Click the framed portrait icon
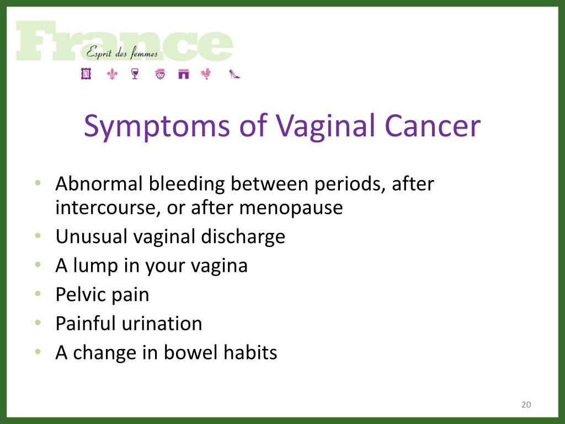(x=86, y=73)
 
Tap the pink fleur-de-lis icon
(x=113, y=75)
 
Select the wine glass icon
(x=135, y=74)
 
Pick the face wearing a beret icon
(x=161, y=74)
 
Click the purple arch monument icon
(x=183, y=74)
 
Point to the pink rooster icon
(x=206, y=74)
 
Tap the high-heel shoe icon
(x=234, y=74)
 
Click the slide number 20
(x=526, y=405)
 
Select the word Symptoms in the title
(x=157, y=126)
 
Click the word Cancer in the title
(x=433, y=126)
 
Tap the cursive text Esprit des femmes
(x=122, y=54)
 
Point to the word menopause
(x=291, y=208)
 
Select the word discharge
(x=243, y=237)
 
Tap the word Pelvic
(x=81, y=294)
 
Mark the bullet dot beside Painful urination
(x=38, y=322)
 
